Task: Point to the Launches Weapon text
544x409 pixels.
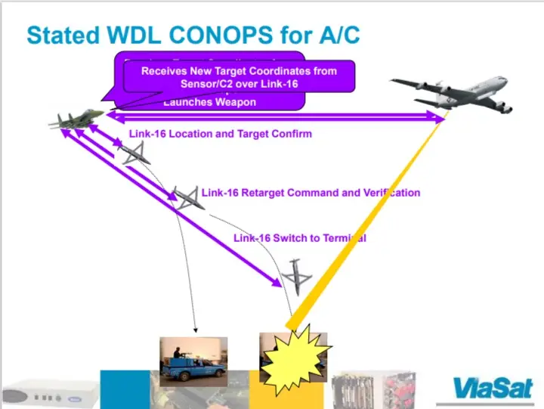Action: point(209,102)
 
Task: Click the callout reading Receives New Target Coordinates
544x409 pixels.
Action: point(238,76)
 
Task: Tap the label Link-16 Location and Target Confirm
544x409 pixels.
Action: point(220,134)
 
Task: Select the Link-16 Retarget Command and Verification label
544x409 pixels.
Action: point(311,193)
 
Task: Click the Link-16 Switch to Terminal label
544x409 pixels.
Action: point(299,238)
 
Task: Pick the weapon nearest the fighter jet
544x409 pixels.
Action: point(133,154)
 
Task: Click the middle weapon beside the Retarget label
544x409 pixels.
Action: point(185,197)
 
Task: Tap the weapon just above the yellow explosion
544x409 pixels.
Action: point(296,277)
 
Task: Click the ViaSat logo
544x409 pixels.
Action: point(493,387)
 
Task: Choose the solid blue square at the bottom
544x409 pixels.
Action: point(125,389)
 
